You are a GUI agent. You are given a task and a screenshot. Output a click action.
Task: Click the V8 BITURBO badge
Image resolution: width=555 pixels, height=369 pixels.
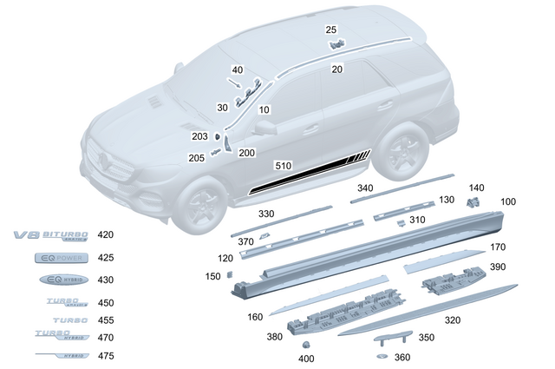tap(51, 235)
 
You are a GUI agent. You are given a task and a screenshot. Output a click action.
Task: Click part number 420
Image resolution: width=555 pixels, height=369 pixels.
tap(106, 235)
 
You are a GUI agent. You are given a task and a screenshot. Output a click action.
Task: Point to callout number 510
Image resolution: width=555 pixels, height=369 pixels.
tap(282, 164)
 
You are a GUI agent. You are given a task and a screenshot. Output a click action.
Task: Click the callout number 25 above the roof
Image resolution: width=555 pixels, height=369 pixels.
tap(331, 30)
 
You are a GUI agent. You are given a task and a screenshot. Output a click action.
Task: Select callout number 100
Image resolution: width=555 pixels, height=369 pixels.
tap(508, 201)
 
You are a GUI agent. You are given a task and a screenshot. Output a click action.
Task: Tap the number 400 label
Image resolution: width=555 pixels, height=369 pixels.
tap(307, 359)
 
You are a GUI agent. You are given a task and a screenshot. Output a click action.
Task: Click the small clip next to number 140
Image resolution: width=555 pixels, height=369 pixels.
tap(473, 202)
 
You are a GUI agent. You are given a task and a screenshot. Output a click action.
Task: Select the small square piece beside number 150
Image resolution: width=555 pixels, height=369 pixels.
tap(232, 273)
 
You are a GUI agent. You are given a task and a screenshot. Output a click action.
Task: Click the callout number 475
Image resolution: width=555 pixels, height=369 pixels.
tap(106, 356)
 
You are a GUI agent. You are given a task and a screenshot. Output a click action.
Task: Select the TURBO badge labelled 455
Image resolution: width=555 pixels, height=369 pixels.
tap(62, 320)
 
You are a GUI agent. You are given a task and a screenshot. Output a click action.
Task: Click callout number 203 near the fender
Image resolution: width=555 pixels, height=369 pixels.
tap(200, 136)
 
